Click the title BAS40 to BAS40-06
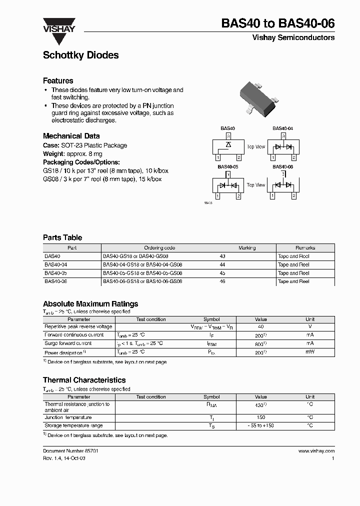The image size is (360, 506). [277, 23]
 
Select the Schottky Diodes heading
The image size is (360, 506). [80, 55]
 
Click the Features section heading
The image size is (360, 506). [58, 80]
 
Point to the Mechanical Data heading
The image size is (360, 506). [71, 136]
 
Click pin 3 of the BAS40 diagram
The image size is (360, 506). [227, 136]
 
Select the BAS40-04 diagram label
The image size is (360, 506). [282, 128]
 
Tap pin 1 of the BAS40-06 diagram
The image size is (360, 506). [272, 195]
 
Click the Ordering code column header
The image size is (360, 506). [159, 247]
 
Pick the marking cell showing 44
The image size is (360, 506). [222, 264]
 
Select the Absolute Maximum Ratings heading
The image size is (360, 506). [90, 303]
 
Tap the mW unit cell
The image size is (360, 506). [310, 352]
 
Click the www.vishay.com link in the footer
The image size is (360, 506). [316, 451]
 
